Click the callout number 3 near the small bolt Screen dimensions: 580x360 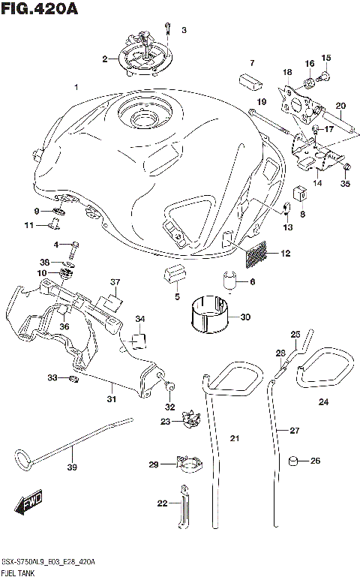coord(183,30)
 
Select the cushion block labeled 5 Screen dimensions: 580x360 coord(173,275)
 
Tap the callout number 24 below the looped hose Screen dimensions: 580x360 coord(323,403)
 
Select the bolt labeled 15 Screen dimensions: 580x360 coord(325,74)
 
